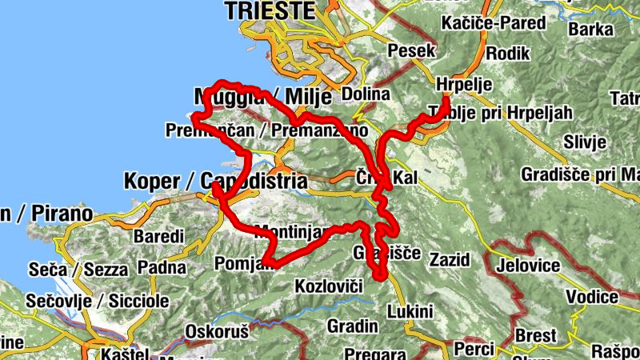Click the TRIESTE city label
(x=270, y=10)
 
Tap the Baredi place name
(x=158, y=237)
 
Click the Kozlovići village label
(x=330, y=286)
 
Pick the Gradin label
(x=353, y=326)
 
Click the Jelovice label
(x=530, y=266)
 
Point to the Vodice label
(x=593, y=297)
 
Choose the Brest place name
(x=534, y=334)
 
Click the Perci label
(x=473, y=350)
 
